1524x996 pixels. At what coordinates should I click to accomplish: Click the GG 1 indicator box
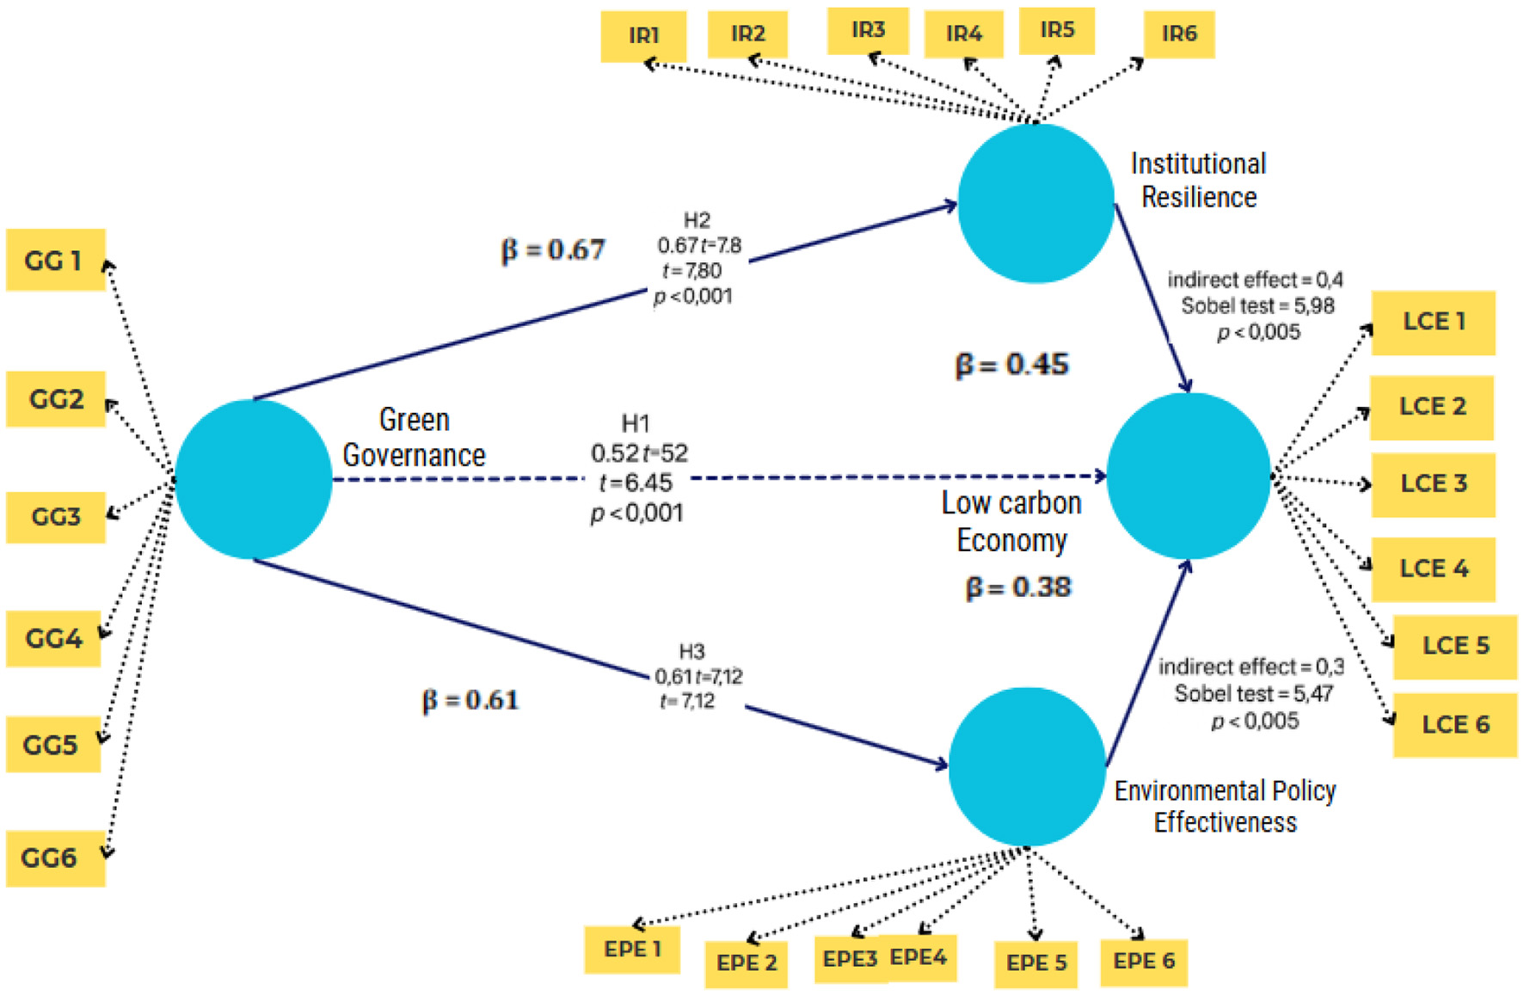coord(55,260)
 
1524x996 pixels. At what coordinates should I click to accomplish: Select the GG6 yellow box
coord(55,858)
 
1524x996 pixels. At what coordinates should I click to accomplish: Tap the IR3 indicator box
coord(868,31)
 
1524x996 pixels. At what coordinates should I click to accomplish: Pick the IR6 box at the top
coord(1178,34)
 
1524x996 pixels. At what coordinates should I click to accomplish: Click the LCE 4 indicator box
coord(1433,569)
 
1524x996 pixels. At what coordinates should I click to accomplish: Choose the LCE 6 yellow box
coord(1454,724)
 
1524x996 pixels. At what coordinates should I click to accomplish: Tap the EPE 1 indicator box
coord(632,950)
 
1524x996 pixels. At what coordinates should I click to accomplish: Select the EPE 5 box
coord(1035,963)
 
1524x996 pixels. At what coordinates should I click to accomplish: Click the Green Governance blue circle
coord(253,479)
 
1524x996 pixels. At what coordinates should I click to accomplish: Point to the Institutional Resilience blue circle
coord(1035,203)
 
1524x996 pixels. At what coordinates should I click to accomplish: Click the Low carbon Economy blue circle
coord(1188,476)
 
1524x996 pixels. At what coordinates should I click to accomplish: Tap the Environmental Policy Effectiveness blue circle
coord(1026,765)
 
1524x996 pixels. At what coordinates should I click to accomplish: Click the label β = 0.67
coord(553,250)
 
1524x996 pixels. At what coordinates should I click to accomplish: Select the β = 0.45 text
coord(1011,365)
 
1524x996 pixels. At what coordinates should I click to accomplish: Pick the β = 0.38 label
coord(1018,587)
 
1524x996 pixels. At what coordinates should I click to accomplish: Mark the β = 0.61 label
coord(470,700)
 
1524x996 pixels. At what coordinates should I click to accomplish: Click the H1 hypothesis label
coord(636,423)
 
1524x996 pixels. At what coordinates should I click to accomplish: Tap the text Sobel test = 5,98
coord(1257,305)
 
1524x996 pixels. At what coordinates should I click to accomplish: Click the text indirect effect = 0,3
coord(1251,667)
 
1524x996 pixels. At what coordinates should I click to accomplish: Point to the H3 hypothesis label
coord(691,651)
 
